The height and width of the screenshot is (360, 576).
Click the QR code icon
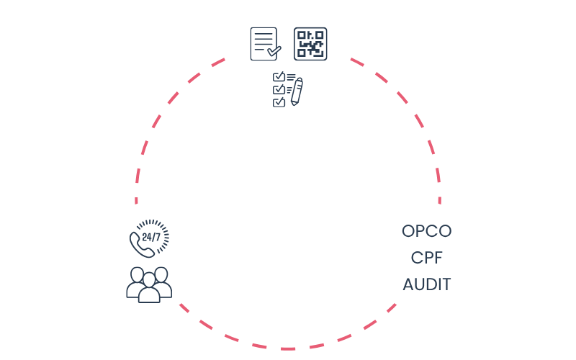pyautogui.click(x=310, y=44)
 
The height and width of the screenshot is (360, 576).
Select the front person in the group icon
pyautogui.click(x=149, y=289)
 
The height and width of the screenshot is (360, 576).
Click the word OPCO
pyautogui.click(x=426, y=232)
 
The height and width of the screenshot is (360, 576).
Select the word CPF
pyautogui.click(x=426, y=258)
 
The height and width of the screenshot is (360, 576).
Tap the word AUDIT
pyautogui.click(x=426, y=284)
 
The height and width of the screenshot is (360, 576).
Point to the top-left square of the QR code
pyautogui.click(x=302, y=35)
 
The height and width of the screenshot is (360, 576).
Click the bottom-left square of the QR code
pyautogui.click(x=302, y=53)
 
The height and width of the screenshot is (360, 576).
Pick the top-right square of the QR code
pyautogui.click(x=319, y=35)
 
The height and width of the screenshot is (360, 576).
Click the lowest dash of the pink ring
pyautogui.click(x=288, y=348)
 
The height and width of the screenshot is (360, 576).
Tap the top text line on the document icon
pyautogui.click(x=263, y=35)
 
